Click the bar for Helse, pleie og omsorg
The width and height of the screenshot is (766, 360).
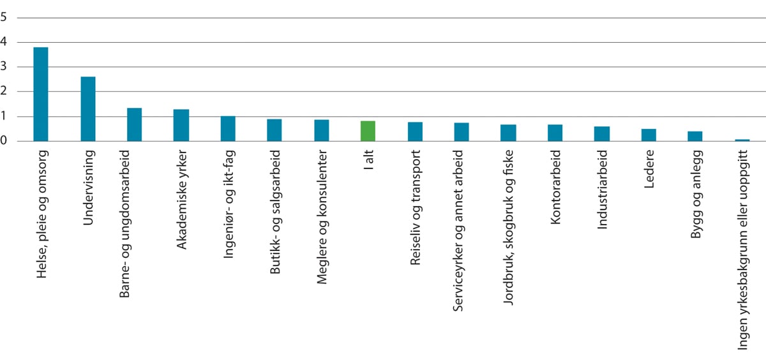coord(41,94)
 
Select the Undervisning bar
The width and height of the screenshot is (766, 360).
coord(88,109)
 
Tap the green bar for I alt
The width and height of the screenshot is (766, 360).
coord(368,131)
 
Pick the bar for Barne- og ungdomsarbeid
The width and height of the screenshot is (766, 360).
coord(134,124)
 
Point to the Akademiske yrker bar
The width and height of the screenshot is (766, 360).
coord(181,125)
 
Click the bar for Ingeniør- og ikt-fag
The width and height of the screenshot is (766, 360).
coord(228,128)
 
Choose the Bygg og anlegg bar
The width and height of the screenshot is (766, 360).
coord(695,136)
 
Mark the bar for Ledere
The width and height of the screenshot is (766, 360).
coord(649,135)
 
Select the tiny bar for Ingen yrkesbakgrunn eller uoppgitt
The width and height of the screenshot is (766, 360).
coord(742,140)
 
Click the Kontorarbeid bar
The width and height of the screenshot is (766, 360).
coord(555,133)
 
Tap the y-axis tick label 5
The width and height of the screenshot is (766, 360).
coord(4,18)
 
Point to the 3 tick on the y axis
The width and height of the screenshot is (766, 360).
coord(4,67)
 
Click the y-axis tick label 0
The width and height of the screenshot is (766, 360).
coord(4,141)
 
